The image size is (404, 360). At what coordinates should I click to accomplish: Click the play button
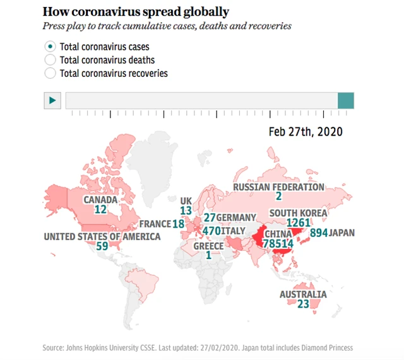click(x=52, y=100)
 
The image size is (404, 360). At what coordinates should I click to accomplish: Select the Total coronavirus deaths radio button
click(x=50, y=60)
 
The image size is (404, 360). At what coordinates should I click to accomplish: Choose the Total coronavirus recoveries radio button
click(x=50, y=73)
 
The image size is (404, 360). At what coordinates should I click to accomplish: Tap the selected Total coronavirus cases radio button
click(x=50, y=47)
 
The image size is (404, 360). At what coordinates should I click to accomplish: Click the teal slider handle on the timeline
click(x=345, y=100)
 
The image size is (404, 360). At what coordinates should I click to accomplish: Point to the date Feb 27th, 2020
click(x=306, y=131)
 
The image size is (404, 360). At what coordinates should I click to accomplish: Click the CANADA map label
click(x=101, y=200)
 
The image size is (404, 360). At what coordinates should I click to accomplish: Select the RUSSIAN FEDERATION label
click(x=278, y=187)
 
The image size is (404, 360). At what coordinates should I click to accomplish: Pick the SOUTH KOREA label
click(x=298, y=213)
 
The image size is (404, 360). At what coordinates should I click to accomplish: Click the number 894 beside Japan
click(x=319, y=233)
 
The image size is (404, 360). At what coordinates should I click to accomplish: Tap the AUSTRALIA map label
click(x=304, y=294)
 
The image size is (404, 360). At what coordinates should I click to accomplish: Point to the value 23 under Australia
click(x=303, y=304)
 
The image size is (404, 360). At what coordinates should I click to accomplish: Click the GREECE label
click(x=209, y=246)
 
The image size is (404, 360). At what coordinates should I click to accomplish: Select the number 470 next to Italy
click(x=211, y=231)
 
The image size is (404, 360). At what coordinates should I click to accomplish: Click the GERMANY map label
click(x=236, y=218)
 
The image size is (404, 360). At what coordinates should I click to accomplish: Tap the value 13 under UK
click(x=186, y=211)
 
